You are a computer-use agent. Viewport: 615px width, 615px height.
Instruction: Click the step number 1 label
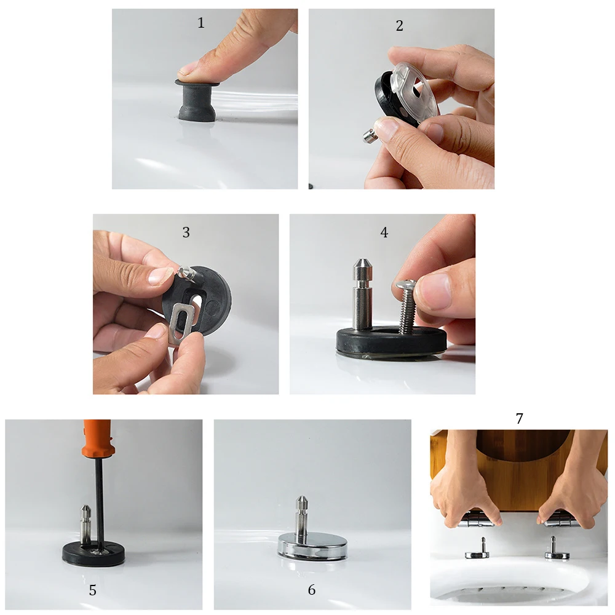click(x=201, y=23)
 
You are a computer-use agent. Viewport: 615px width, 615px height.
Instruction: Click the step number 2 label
click(x=399, y=26)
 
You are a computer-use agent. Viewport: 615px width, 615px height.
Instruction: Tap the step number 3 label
click(x=186, y=232)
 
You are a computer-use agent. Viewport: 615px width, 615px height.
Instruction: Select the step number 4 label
click(x=384, y=232)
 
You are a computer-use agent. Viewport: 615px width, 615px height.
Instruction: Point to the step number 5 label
click(x=93, y=590)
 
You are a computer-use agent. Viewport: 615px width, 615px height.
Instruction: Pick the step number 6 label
click(x=311, y=590)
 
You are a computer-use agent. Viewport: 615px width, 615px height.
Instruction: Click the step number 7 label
click(x=519, y=418)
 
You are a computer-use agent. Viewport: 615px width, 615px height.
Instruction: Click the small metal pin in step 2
click(x=370, y=136)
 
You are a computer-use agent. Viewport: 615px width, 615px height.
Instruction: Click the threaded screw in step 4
click(x=406, y=306)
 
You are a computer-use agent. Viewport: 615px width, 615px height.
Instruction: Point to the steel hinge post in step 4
click(x=362, y=293)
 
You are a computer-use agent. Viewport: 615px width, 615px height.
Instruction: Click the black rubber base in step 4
click(x=391, y=340)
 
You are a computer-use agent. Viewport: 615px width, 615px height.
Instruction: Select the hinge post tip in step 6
click(x=301, y=499)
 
